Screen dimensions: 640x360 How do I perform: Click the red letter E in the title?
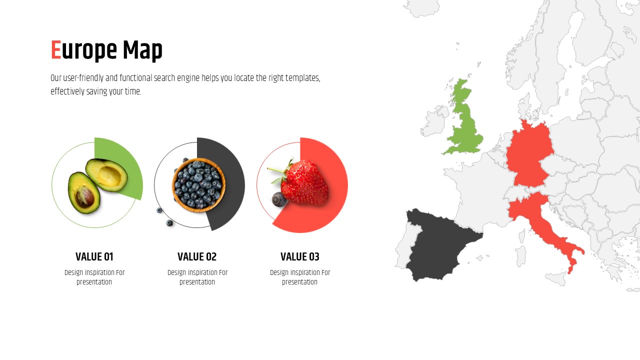pyautogui.click(x=56, y=50)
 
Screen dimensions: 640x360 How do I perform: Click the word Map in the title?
pyautogui.click(x=142, y=51)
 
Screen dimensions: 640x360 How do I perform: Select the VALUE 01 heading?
pyautogui.click(x=94, y=256)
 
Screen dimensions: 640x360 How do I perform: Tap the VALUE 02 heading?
pyautogui.click(x=197, y=256)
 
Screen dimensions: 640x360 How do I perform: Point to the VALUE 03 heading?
pyautogui.click(x=299, y=256)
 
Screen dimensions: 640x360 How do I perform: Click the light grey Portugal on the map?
pyautogui.click(x=405, y=245)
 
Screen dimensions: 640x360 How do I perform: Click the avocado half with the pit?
pyautogui.click(x=84, y=192)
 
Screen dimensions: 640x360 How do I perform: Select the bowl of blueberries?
pyautogui.click(x=198, y=185)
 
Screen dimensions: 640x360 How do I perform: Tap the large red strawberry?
pyautogui.click(x=304, y=183)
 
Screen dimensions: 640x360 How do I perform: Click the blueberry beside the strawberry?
pyautogui.click(x=279, y=199)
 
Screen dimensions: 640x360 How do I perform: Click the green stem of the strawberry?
pyautogui.click(x=275, y=170)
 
